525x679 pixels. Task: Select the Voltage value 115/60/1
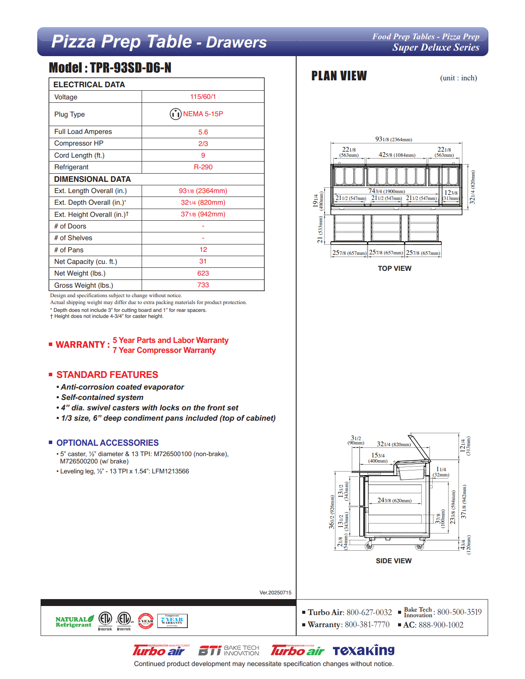203,97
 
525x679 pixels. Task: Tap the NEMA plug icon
175,114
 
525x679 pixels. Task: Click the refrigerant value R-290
203,167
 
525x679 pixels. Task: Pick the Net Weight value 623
203,273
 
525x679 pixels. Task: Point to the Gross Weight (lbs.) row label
84,286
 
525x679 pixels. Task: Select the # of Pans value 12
203,250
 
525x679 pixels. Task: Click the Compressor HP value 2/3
203,144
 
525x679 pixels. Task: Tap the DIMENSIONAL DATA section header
92,179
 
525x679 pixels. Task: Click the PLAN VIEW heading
339,76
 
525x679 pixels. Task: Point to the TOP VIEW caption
395,269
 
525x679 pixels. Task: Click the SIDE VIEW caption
394,561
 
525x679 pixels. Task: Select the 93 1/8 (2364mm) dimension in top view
393,140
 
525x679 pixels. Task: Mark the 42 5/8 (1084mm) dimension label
397,155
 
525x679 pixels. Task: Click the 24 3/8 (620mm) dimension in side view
394,501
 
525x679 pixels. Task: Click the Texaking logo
364,650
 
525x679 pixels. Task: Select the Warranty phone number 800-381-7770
367,625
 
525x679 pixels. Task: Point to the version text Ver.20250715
275,593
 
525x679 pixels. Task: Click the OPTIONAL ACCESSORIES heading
108,443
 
